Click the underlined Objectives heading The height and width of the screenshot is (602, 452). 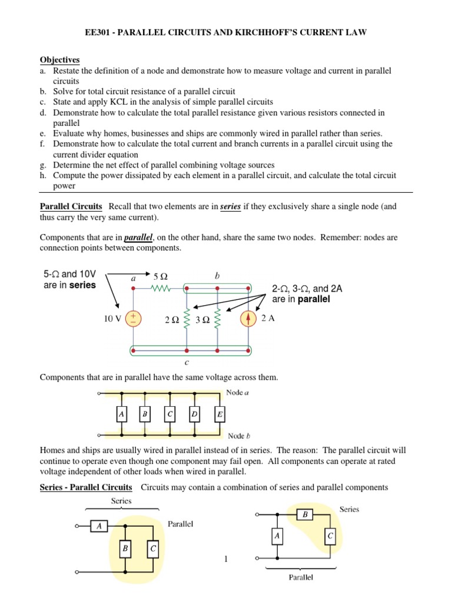pos(59,60)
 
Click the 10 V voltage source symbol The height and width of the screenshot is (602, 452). pos(134,319)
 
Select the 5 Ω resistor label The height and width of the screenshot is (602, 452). pos(160,276)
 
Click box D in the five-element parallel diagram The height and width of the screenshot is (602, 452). pos(194,415)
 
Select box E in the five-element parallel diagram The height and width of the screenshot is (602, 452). pos(219,415)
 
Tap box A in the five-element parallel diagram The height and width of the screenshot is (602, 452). pos(121,415)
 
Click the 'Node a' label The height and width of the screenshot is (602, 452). pos(238,393)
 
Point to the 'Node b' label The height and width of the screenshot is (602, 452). pos(238,436)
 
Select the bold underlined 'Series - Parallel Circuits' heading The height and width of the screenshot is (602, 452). pos(86,487)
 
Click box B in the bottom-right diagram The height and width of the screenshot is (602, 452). pos(305,515)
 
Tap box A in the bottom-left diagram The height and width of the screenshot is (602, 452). pos(99,527)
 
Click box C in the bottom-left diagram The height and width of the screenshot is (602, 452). pos(153,549)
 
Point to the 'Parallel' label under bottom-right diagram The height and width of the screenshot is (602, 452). pos(301,577)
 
